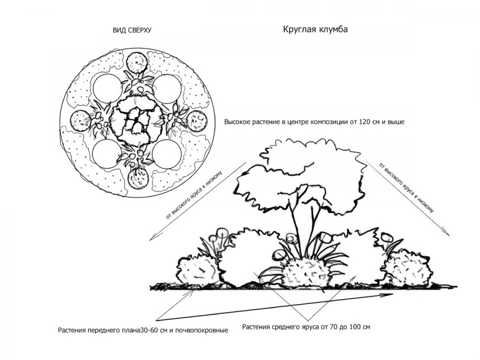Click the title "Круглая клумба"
(315, 29)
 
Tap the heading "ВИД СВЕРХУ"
(132, 30)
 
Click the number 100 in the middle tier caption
(353, 327)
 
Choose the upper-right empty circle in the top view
(167, 89)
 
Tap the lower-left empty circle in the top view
(107, 153)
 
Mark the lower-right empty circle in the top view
(167, 154)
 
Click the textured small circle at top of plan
(137, 63)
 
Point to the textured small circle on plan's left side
(80, 121)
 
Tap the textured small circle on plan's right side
(196, 121)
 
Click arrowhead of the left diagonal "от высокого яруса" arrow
(150, 239)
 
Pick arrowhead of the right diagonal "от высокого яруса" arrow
(448, 234)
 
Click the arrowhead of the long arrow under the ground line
(390, 295)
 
